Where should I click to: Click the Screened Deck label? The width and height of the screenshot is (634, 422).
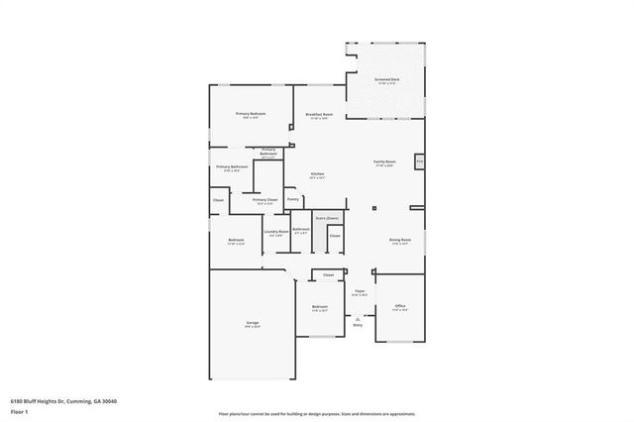[386, 79]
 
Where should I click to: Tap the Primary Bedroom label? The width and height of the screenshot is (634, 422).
[252, 115]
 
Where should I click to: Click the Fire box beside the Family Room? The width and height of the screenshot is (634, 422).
[420, 160]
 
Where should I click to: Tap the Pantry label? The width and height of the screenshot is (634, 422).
[293, 199]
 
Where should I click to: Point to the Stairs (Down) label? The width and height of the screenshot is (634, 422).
[327, 217]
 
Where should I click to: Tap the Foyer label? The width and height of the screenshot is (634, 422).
[361, 291]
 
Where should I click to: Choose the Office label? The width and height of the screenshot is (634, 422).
[400, 306]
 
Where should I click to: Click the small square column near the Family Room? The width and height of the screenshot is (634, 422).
[374, 208]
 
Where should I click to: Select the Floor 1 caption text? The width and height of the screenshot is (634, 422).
[19, 411]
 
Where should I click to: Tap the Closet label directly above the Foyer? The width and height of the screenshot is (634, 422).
[328, 274]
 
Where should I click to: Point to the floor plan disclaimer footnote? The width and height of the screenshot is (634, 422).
[316, 413]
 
